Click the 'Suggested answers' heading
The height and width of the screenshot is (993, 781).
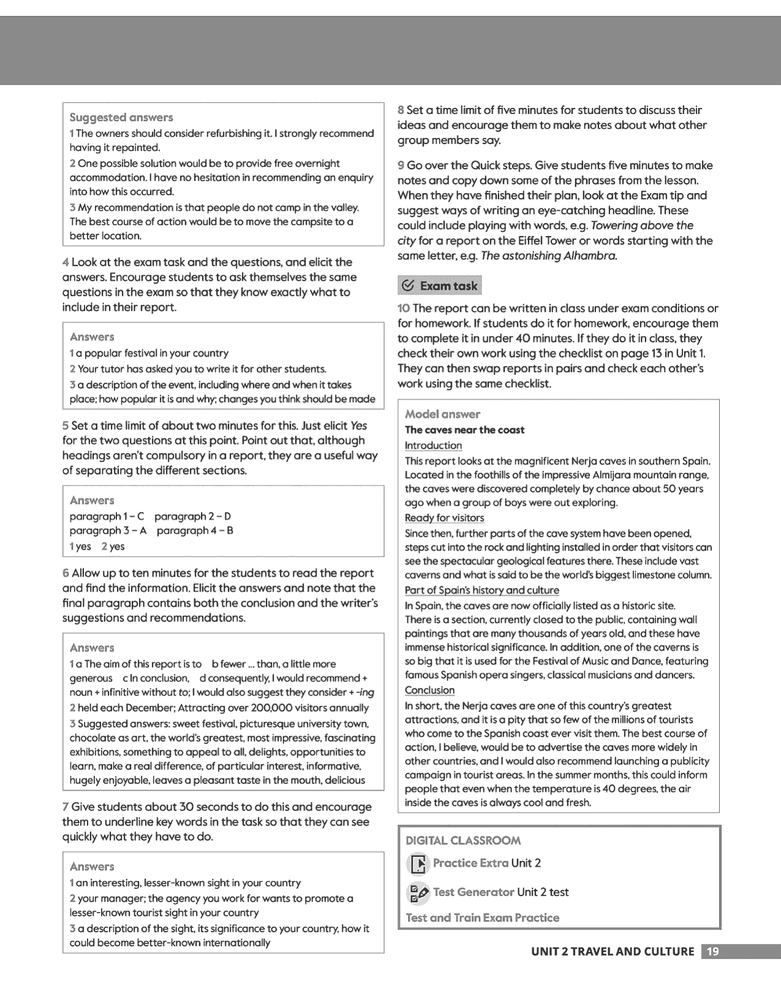(121, 117)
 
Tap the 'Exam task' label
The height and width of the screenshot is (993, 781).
(448, 286)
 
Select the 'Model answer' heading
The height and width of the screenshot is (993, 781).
(442, 414)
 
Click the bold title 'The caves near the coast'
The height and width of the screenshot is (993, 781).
(464, 430)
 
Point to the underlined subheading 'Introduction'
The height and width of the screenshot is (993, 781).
(433, 446)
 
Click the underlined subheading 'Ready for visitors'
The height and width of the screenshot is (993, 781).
(444, 518)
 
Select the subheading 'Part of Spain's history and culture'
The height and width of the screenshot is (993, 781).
(481, 590)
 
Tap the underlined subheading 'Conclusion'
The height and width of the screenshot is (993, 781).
(429, 690)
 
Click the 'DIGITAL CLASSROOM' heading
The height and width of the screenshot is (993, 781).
(463, 840)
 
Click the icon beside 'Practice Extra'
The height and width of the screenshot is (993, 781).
(418, 864)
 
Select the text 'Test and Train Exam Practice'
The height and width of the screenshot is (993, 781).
(482, 918)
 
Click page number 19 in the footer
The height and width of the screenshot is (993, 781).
(713, 951)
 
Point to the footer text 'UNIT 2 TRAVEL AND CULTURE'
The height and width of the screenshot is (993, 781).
(613, 951)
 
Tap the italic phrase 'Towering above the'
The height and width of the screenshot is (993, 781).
(642, 226)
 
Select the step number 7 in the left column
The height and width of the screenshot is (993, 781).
(65, 807)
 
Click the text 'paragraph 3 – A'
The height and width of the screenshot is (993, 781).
(108, 531)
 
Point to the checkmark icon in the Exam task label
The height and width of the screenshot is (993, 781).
(407, 286)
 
